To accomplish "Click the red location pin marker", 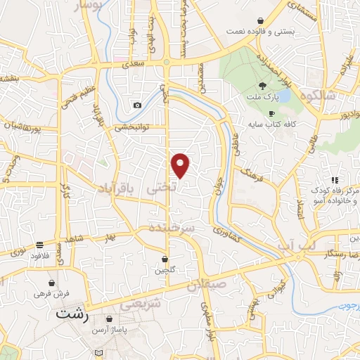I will click(x=181, y=165).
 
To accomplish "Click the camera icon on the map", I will click(x=137, y=105).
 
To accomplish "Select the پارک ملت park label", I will click(x=262, y=98).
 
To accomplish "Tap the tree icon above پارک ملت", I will click(x=262, y=85).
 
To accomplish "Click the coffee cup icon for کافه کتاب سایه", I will click(x=271, y=113).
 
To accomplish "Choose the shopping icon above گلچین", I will click(x=164, y=258).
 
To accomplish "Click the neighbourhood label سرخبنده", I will click(x=172, y=229).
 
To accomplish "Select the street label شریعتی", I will click(x=141, y=305).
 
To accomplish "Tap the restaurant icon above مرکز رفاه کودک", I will click(x=335, y=181).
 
